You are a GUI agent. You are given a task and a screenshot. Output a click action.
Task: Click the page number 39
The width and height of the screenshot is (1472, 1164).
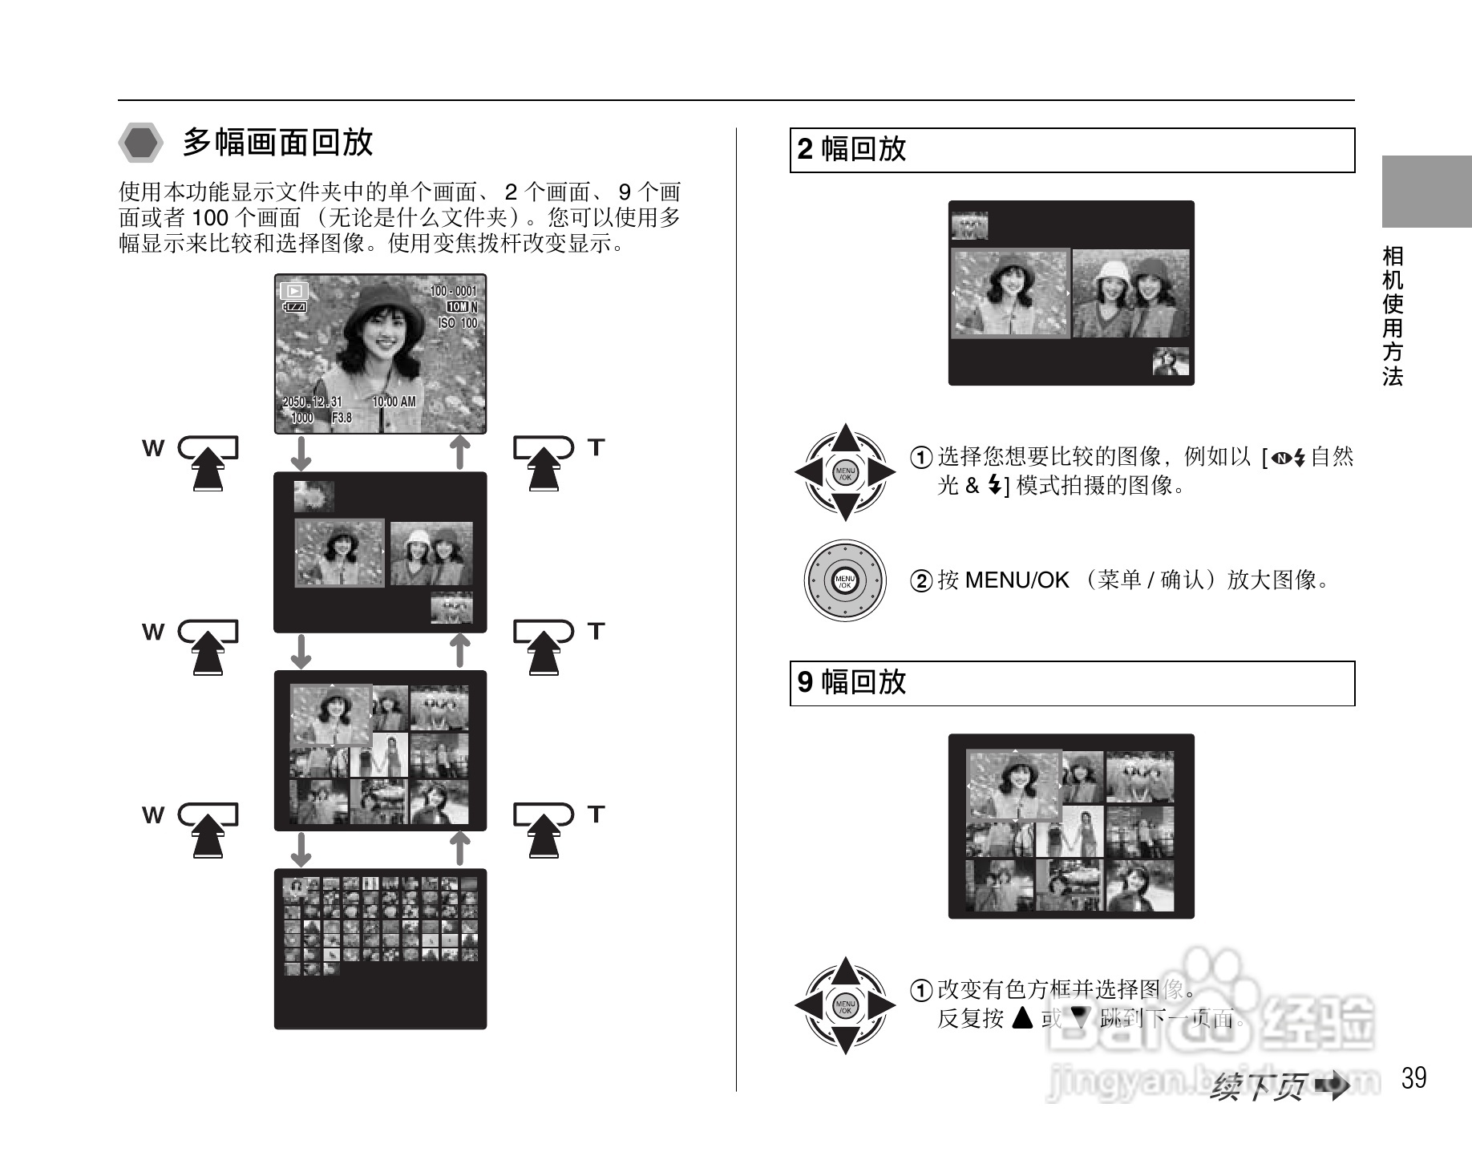click(x=1414, y=1077)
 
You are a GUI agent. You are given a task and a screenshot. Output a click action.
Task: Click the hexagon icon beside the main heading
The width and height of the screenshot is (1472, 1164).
click(x=141, y=143)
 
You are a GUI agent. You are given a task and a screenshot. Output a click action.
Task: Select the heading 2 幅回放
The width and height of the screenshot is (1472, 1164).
click(x=851, y=150)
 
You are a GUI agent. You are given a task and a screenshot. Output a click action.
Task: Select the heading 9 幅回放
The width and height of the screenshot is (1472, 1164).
click(x=851, y=683)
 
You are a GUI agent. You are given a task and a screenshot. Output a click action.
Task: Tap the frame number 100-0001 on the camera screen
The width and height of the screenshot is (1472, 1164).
click(x=453, y=292)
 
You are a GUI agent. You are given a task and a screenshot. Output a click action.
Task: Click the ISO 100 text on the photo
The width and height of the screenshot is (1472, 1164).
click(x=457, y=323)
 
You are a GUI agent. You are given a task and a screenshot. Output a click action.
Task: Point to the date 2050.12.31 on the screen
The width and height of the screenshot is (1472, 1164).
click(x=312, y=402)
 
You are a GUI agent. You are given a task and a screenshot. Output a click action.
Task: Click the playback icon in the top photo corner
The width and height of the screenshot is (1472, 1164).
click(x=294, y=291)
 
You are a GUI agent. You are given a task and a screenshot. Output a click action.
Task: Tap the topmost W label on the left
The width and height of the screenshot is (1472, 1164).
click(x=152, y=448)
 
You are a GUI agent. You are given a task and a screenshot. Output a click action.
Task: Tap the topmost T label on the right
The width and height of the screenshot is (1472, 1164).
click(x=595, y=447)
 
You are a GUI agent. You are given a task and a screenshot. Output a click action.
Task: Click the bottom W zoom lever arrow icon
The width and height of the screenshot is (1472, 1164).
click(x=208, y=831)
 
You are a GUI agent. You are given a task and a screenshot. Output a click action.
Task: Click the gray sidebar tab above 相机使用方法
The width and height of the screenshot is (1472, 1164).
click(x=1426, y=192)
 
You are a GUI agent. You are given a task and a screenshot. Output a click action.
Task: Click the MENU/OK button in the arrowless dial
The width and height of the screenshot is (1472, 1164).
click(x=845, y=581)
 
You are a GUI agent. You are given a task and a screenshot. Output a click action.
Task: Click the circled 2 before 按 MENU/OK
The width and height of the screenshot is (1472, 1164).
click(x=923, y=581)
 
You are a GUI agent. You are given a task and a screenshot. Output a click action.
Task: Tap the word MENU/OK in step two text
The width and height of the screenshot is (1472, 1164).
click(x=1017, y=580)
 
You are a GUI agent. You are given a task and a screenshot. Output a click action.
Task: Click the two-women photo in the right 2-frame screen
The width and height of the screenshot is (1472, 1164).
click(x=1131, y=294)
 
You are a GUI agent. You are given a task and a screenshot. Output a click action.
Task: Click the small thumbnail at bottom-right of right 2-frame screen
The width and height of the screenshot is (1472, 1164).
click(x=1171, y=362)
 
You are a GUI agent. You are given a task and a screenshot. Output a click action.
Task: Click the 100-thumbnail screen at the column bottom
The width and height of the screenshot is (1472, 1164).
click(x=380, y=948)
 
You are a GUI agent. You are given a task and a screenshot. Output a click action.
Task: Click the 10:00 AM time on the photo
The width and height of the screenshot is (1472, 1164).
click(x=394, y=402)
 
